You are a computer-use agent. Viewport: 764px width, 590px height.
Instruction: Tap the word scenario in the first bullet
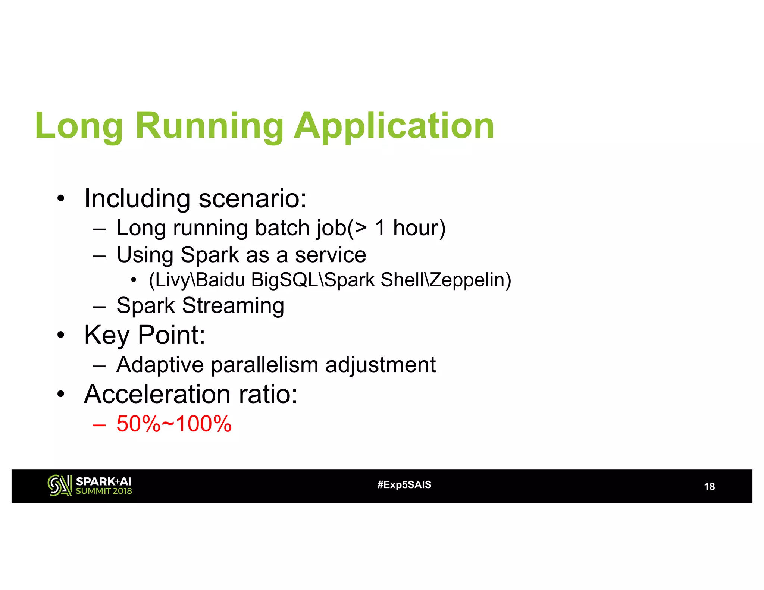pyautogui.click(x=253, y=198)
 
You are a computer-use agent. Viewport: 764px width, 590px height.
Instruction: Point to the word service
pyautogui.click(x=331, y=255)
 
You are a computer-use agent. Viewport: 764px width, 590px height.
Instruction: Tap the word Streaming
pyautogui.click(x=233, y=306)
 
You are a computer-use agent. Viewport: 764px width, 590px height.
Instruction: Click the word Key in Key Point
pyautogui.click(x=107, y=335)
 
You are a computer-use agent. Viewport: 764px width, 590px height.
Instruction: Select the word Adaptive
pyautogui.click(x=160, y=365)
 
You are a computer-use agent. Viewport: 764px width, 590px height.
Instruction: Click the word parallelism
pyautogui.click(x=264, y=365)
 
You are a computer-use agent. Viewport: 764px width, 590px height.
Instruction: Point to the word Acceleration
pyautogui.click(x=157, y=394)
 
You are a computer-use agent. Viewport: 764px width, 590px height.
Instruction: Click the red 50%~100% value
pyautogui.click(x=174, y=424)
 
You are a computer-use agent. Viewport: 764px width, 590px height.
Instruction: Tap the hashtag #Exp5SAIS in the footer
pyautogui.click(x=404, y=485)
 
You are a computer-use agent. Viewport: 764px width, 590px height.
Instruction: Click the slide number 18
pyautogui.click(x=709, y=487)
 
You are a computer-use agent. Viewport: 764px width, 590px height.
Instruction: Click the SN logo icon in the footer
pyautogui.click(x=59, y=485)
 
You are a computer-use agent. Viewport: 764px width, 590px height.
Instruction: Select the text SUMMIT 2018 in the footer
pyautogui.click(x=104, y=491)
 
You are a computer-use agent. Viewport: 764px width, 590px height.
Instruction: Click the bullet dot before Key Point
pyautogui.click(x=61, y=335)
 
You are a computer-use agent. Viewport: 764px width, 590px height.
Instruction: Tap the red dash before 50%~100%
pyautogui.click(x=99, y=425)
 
